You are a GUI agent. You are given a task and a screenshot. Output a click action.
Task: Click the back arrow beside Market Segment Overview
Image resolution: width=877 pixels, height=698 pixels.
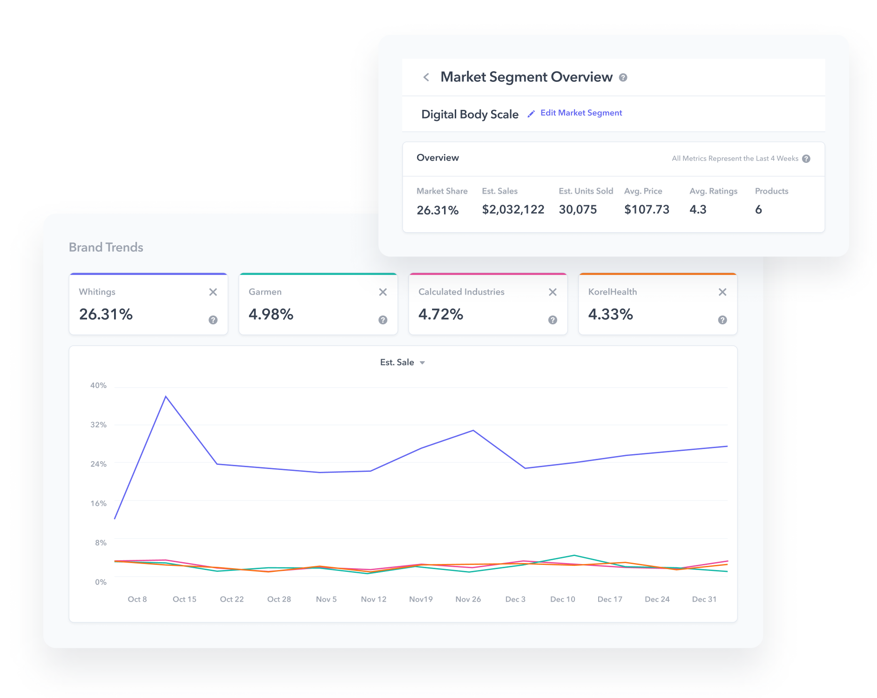click(426, 77)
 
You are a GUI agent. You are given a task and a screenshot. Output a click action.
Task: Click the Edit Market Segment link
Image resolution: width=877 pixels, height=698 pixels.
click(580, 113)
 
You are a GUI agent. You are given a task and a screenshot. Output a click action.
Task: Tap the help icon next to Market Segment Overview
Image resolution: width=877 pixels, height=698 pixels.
click(623, 78)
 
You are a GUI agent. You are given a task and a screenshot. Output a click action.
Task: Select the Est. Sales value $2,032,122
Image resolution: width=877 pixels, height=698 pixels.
click(513, 210)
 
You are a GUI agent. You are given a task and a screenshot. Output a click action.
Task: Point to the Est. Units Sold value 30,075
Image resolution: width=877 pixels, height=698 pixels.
click(578, 210)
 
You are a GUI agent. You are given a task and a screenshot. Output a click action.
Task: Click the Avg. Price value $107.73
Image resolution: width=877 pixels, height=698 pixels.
click(647, 210)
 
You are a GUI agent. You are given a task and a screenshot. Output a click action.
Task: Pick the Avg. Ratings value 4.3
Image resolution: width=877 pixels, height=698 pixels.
click(698, 210)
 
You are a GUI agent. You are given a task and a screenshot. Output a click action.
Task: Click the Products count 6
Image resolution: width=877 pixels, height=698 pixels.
click(758, 210)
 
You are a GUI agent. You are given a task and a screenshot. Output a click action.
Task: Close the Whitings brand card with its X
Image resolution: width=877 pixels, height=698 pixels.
click(213, 292)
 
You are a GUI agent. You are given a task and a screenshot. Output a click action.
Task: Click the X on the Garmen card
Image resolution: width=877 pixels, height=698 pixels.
click(383, 292)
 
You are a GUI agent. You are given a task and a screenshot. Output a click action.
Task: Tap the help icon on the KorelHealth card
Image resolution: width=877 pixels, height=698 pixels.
click(722, 320)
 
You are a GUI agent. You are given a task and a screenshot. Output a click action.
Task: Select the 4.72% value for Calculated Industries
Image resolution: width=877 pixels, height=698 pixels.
click(440, 315)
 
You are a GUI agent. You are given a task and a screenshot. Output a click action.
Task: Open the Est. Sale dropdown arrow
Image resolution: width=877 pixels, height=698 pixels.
click(422, 363)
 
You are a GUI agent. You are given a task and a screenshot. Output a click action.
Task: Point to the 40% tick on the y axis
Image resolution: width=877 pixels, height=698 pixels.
click(98, 386)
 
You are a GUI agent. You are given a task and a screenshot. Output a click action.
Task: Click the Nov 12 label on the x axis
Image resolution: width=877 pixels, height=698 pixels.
click(373, 599)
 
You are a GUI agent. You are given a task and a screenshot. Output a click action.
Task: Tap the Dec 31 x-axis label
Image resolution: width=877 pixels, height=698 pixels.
click(704, 599)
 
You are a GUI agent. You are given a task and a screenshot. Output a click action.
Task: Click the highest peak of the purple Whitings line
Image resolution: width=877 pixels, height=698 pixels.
click(166, 396)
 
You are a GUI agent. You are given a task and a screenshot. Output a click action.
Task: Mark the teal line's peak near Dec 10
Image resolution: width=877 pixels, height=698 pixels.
click(574, 556)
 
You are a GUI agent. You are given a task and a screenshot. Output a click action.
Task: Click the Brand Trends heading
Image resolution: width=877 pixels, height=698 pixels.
click(106, 248)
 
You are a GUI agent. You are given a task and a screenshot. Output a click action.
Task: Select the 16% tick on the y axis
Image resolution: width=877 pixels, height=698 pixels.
click(98, 503)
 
